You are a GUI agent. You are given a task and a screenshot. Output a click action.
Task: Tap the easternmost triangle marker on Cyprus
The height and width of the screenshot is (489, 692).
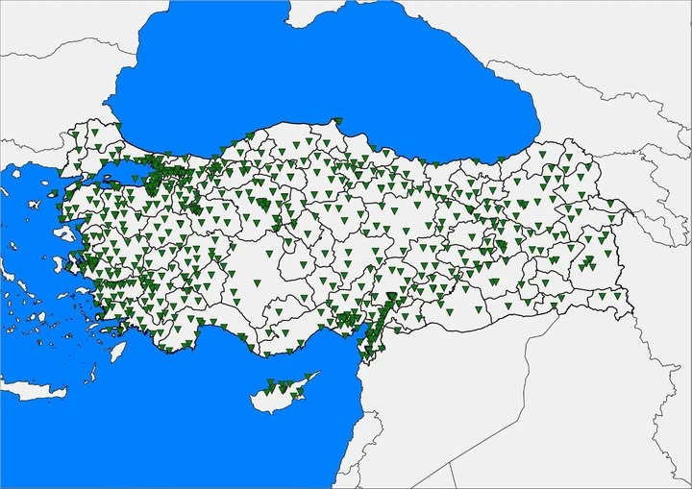pos(310,376)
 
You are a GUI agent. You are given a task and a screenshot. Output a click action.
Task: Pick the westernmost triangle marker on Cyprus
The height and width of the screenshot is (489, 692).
pos(269,386)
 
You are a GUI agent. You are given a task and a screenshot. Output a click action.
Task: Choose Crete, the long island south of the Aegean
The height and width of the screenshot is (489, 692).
pos(34,389)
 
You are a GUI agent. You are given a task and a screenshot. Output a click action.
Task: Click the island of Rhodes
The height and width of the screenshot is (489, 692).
pos(117,352)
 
